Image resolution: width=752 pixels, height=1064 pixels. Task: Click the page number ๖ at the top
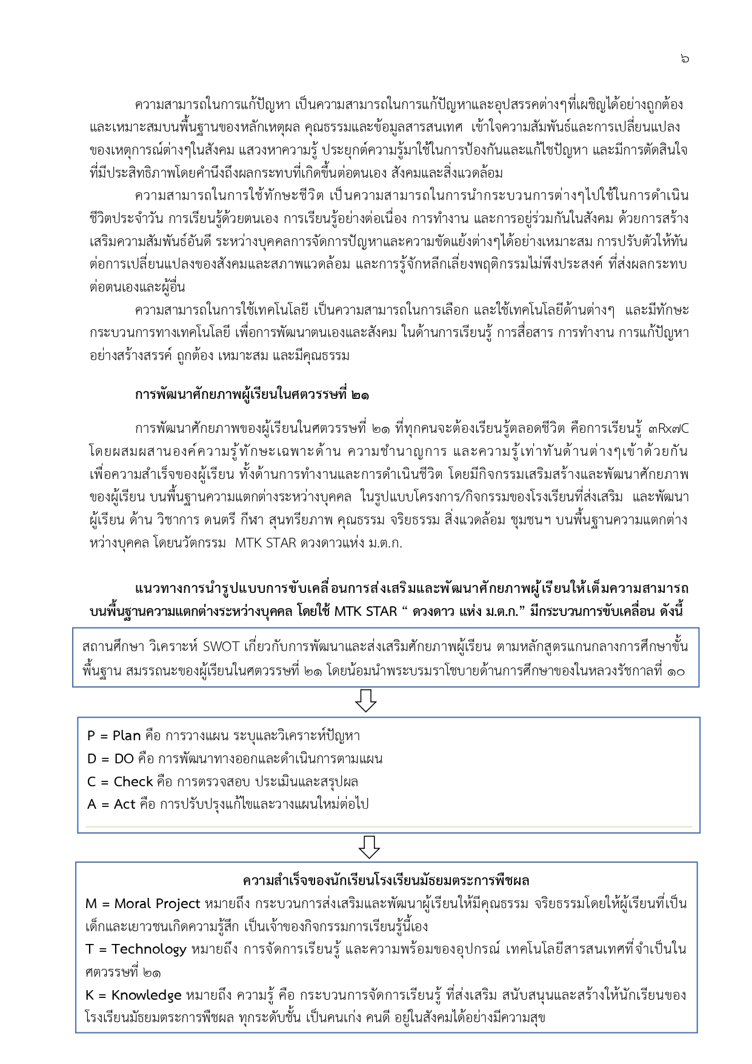(685, 58)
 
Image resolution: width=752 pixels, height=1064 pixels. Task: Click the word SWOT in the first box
(221, 646)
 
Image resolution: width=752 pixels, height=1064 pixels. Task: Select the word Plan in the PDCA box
(127, 736)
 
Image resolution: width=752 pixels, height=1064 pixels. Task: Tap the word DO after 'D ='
(124, 759)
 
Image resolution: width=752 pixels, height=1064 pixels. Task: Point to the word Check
(133, 782)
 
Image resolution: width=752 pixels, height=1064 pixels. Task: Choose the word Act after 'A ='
(125, 805)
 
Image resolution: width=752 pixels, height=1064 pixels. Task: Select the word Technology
(149, 949)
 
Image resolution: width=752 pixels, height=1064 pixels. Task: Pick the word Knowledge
(147, 995)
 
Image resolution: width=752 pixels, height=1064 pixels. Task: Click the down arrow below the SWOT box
(366, 700)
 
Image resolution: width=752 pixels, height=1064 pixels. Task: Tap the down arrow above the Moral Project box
(369, 847)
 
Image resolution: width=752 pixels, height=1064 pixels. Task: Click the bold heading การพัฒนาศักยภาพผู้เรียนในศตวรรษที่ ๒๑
(252, 395)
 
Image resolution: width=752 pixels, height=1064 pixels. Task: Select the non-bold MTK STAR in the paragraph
(265, 543)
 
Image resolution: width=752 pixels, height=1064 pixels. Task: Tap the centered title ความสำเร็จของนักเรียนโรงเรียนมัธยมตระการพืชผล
(386, 880)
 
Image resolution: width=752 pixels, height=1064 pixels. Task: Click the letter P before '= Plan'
(92, 736)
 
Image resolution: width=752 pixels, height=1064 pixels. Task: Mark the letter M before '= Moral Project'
(92, 904)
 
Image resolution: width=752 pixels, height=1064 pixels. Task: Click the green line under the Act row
(388, 826)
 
